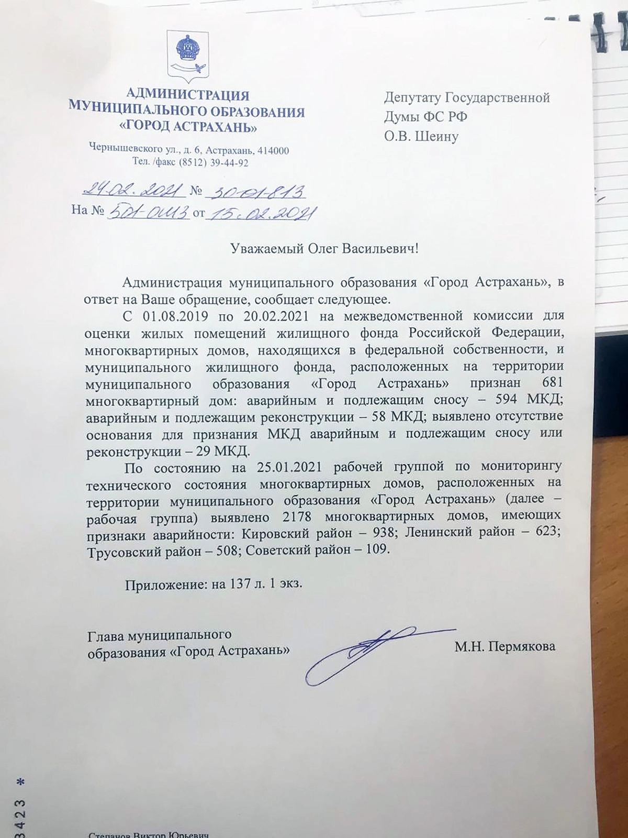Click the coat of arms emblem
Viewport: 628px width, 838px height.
click(187, 57)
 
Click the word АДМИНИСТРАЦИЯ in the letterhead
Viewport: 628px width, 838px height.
click(188, 95)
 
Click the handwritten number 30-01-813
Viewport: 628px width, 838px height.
click(256, 192)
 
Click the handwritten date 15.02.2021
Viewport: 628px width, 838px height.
click(262, 213)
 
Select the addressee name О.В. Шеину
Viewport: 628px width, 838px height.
click(421, 136)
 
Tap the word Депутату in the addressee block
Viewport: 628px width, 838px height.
click(412, 97)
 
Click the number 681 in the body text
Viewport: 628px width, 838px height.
click(552, 383)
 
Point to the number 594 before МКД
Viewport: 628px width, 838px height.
click(506, 400)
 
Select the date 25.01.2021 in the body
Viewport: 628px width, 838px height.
click(289, 467)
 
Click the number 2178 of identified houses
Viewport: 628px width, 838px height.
click(297, 517)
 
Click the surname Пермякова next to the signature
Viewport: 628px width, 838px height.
click(521, 647)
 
